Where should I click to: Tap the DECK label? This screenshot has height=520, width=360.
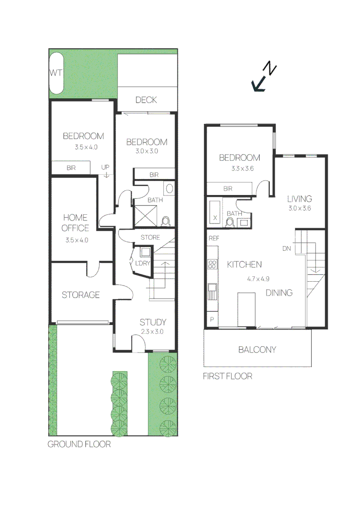click(x=146, y=100)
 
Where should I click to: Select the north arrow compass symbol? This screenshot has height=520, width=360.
click(x=264, y=78)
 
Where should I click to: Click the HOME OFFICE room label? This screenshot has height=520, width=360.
click(x=76, y=223)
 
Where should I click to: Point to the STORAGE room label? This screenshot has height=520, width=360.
click(x=80, y=295)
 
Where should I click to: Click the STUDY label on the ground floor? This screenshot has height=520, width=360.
click(x=153, y=322)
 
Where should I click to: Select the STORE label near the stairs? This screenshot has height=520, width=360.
click(x=150, y=237)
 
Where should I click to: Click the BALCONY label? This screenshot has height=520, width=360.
click(x=257, y=350)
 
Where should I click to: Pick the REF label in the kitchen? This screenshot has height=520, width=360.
click(x=213, y=238)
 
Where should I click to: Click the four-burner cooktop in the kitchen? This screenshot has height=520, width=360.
click(x=212, y=264)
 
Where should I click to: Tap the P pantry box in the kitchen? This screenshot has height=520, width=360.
click(x=212, y=319)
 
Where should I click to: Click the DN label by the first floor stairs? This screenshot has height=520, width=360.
click(x=287, y=248)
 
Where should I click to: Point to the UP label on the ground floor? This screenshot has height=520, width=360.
click(x=106, y=167)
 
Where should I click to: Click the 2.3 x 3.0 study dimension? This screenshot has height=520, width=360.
click(x=152, y=332)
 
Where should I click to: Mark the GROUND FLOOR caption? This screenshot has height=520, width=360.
click(x=79, y=444)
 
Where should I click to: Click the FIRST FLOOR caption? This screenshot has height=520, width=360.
click(x=227, y=376)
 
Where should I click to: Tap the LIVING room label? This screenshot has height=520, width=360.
click(x=299, y=198)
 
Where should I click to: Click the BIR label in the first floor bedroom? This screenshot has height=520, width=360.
click(x=227, y=189)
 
